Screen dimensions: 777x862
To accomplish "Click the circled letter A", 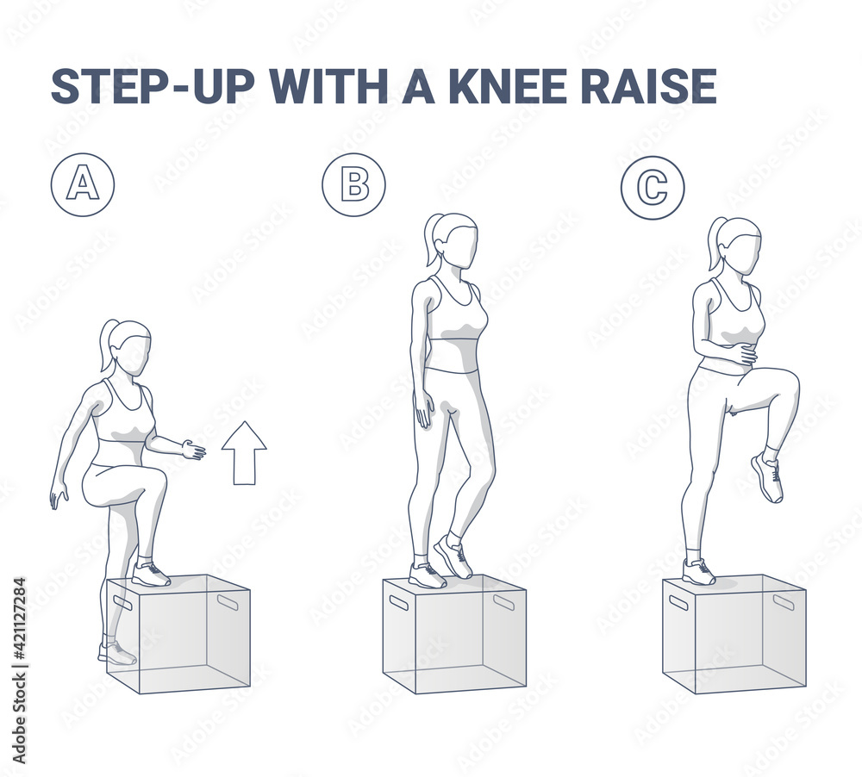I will tap(82, 184).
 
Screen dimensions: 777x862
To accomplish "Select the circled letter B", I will tap(353, 184).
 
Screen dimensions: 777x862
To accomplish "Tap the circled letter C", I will tap(653, 187).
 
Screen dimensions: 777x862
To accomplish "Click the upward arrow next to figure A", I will tap(244, 452).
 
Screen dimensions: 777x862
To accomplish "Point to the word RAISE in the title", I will tap(656, 86).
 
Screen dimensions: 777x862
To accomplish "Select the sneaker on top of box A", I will tap(150, 575).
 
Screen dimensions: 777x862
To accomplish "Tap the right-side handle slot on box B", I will tap(503, 601).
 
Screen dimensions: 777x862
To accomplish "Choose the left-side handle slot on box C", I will tap(678, 601).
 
